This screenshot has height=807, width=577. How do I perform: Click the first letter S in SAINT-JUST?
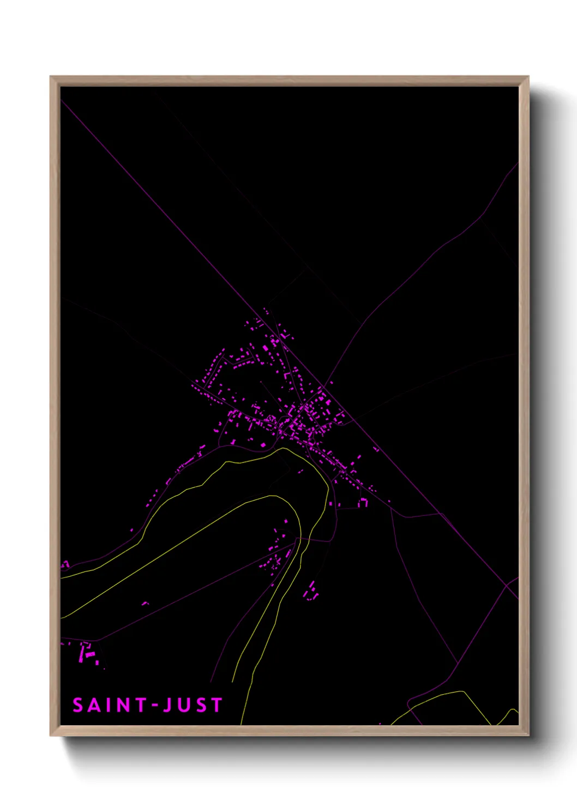[x=78, y=705]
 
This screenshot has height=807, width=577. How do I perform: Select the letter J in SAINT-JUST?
[x=168, y=705]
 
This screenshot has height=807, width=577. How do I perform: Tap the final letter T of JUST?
[x=217, y=705]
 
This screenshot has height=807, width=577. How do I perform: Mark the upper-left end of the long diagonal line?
[x=62, y=100]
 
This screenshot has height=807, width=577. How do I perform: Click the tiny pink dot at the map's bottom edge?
[x=380, y=724]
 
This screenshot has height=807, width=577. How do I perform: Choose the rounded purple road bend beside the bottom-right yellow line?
[x=410, y=700]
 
